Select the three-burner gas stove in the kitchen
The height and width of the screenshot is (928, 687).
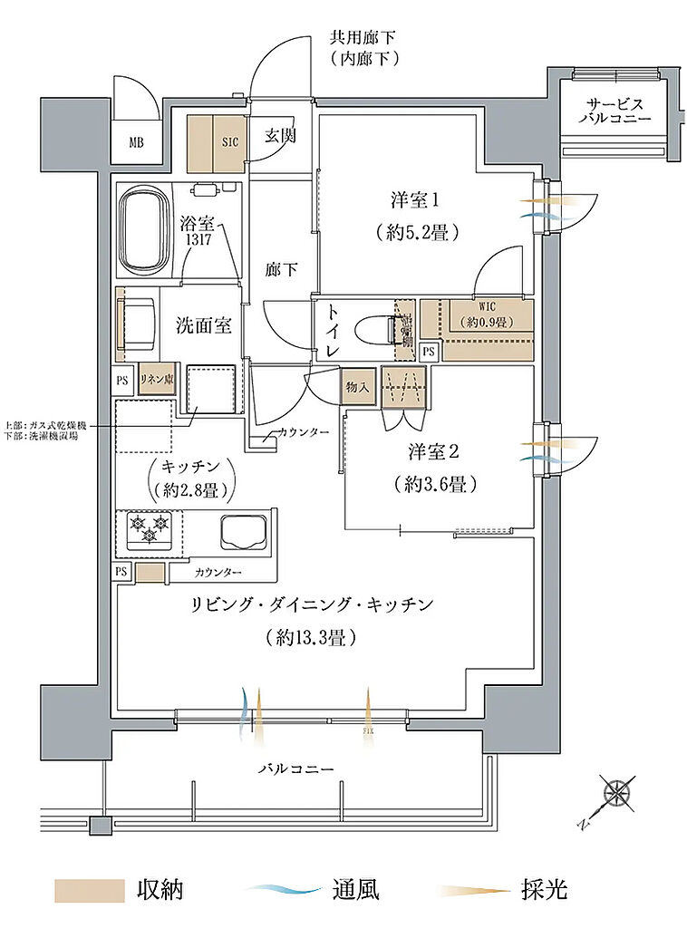coord(148,530)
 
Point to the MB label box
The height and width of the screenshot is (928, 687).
coord(136,142)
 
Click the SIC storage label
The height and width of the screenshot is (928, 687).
coord(229,142)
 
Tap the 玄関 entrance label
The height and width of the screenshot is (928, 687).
coord(279,136)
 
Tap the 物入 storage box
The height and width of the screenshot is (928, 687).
coord(357,387)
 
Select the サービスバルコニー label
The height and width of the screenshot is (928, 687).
coord(615,110)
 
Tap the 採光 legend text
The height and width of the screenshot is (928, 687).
coord(544,890)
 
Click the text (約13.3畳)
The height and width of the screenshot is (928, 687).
coord(310,637)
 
